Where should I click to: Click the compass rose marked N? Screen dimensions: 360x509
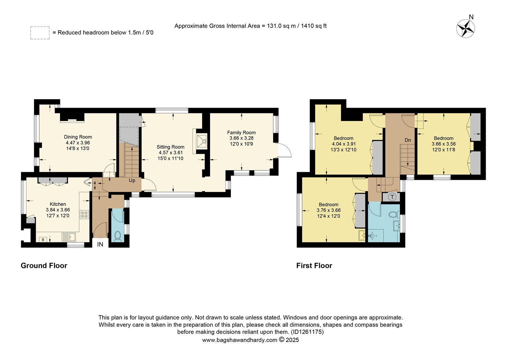coord(465,28)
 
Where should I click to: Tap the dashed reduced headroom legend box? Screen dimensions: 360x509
coord(40,33)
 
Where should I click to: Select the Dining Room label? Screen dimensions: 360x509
coord(78,137)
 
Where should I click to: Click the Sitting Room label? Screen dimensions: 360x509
coord(171,147)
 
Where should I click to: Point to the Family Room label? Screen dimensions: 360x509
coord(242,133)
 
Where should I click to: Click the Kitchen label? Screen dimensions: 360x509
coord(58,204)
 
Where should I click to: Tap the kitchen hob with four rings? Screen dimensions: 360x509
coord(84,214)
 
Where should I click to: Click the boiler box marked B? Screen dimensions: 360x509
coord(43,239)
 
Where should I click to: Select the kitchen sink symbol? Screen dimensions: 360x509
coord(69,237)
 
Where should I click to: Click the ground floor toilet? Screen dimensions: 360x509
coord(117,236)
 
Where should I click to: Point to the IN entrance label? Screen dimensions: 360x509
coord(100,245)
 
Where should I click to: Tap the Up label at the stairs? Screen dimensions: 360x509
coord(132,181)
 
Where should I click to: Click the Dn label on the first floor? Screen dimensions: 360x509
coord(408,140)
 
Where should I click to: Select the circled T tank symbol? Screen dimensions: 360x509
coord(392,197)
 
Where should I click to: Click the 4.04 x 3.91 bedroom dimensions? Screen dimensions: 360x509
coord(344,144)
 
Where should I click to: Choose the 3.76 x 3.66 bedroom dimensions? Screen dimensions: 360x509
coord(328,210)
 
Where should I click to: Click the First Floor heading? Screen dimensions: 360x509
coord(314,266)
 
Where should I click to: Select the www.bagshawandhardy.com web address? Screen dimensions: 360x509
coord(240,340)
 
